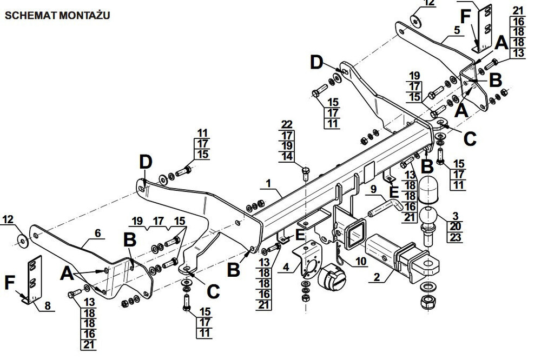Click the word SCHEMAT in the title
(30, 16)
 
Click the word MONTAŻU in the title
(84, 15)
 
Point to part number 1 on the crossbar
(268, 183)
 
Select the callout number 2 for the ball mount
(377, 277)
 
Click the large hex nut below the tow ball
(428, 302)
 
